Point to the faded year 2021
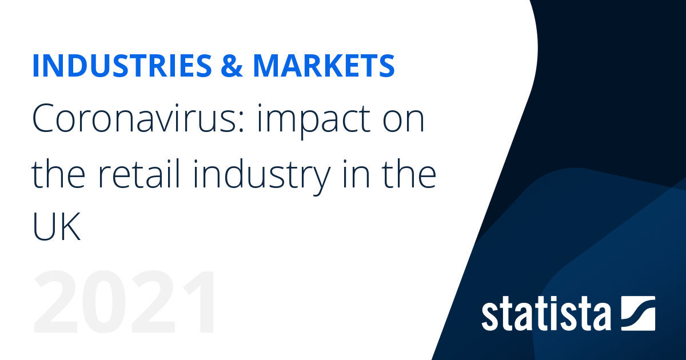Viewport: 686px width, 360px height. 125,302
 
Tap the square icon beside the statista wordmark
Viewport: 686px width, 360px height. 638,313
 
